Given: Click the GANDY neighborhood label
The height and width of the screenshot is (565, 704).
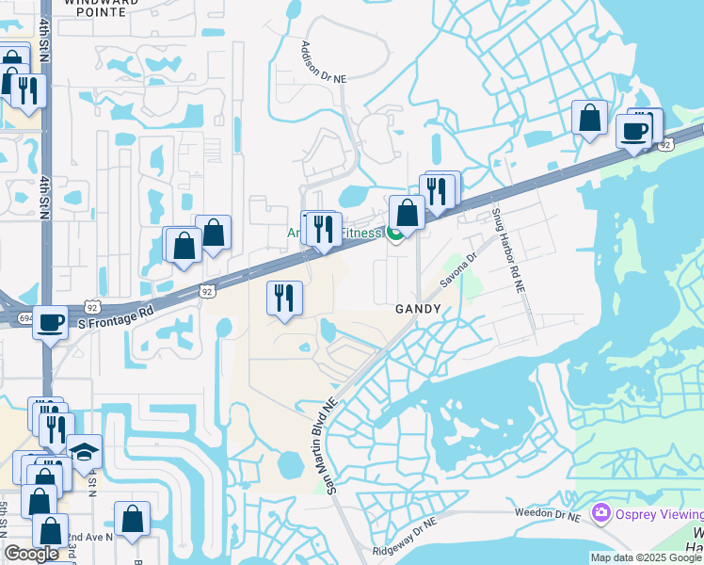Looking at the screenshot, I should (418, 309).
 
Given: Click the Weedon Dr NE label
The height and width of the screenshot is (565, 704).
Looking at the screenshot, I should (550, 513).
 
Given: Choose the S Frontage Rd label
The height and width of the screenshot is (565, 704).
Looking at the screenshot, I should (116, 317).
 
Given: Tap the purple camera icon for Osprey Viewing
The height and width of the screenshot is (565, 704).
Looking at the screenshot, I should (600, 513).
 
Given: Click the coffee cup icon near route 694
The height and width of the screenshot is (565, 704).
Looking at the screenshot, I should (51, 322).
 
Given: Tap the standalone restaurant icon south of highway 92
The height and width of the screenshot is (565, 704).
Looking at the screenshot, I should (284, 299).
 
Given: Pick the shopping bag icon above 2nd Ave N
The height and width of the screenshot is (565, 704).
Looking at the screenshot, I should (133, 518).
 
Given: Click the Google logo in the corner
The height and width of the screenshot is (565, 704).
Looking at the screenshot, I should (31, 554).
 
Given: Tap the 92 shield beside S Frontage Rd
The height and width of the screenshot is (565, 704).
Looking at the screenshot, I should (206, 292).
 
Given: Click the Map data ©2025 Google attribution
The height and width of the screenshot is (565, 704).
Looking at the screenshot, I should (646, 557).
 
